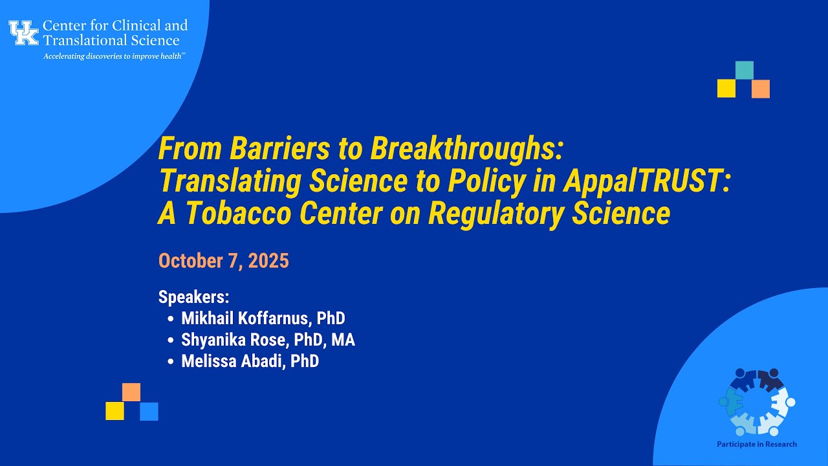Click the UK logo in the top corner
24,32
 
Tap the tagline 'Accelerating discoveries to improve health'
114,56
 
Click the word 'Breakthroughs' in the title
463,150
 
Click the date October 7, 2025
223,261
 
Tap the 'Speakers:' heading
193,297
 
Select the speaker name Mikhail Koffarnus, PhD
263,318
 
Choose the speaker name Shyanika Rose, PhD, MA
268,340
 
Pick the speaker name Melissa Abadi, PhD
250,361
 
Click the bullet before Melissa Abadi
170,362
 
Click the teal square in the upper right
744,70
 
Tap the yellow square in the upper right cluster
726,89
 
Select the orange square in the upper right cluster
761,89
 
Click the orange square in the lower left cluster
131,392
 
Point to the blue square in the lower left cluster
149,412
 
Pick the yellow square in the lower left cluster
114,412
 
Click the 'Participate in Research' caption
756,444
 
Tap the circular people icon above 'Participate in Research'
756,402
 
